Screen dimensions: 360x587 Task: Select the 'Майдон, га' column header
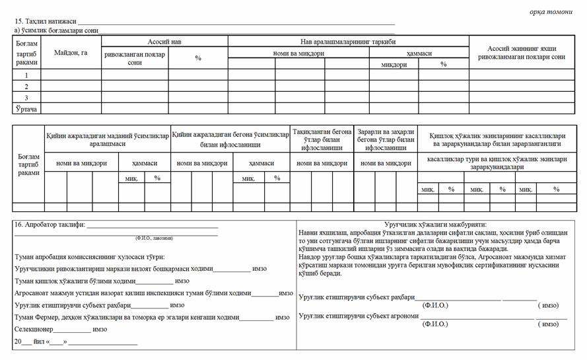(x=71, y=52)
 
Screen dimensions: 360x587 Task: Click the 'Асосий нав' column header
(x=164, y=41)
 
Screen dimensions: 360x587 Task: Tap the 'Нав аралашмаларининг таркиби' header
(x=348, y=41)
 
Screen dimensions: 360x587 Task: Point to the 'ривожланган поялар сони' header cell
(x=135, y=57)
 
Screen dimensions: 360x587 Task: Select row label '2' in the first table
(x=26, y=87)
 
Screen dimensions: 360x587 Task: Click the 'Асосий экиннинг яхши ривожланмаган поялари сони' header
(x=526, y=53)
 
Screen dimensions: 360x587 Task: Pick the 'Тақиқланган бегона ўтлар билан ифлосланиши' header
(x=322, y=140)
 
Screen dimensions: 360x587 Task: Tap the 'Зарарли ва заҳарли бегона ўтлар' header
(x=386, y=140)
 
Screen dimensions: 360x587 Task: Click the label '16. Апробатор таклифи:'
(x=50, y=225)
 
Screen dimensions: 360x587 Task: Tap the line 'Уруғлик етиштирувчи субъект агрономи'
(x=359, y=316)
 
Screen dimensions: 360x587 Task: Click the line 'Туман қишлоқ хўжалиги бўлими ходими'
(x=71, y=281)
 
